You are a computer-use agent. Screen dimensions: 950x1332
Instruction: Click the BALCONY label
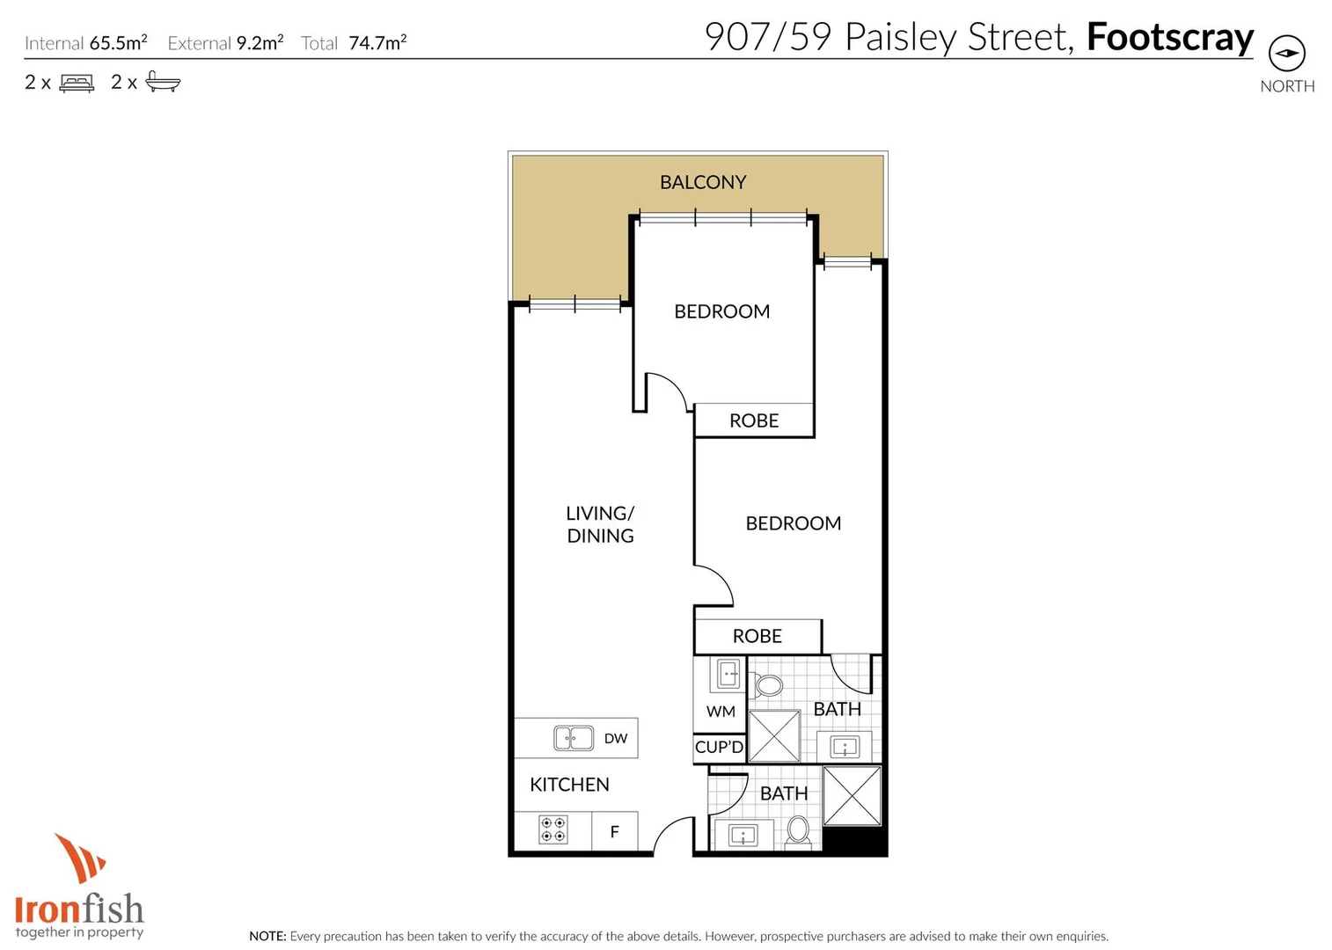tap(703, 182)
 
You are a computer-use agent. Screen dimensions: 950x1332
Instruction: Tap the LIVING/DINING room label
tap(600, 524)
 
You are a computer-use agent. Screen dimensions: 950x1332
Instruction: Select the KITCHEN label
tap(569, 785)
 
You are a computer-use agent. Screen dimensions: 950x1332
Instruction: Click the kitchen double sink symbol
tap(574, 738)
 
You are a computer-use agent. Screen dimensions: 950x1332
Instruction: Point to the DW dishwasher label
tap(616, 739)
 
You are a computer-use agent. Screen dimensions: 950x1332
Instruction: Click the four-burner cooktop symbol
tap(553, 829)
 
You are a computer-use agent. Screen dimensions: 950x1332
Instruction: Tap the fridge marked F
tap(614, 831)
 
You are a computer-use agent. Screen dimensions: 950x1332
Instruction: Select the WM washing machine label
tap(721, 712)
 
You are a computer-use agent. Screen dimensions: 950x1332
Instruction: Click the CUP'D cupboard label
tap(719, 748)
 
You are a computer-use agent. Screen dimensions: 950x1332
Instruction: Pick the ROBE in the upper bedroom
tap(754, 421)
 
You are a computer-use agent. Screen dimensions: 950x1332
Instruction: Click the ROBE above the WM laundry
tap(757, 636)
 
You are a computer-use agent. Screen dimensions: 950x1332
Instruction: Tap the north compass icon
tap(1286, 54)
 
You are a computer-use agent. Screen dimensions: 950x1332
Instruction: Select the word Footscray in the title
tap(1169, 38)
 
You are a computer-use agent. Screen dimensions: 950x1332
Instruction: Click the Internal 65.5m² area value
tap(118, 43)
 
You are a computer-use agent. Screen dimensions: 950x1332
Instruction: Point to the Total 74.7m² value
tap(377, 43)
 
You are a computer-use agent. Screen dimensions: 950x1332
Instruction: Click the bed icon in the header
tap(77, 84)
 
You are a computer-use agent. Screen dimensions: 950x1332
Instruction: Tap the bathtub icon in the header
tap(163, 83)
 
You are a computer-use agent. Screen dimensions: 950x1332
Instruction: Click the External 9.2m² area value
tap(260, 43)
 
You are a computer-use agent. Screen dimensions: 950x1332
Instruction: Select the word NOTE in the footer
tap(267, 937)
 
